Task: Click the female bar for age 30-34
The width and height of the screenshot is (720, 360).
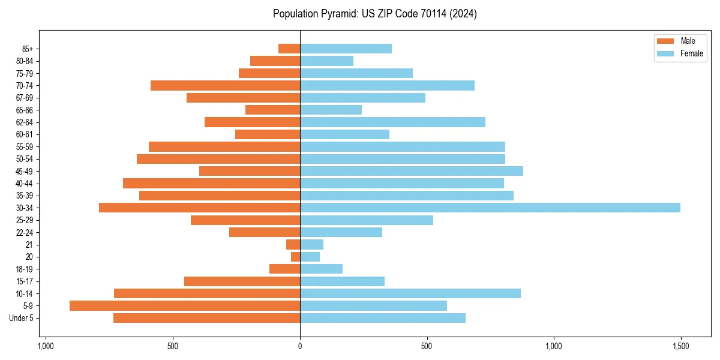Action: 490,208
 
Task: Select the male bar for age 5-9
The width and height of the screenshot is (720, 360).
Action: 185,305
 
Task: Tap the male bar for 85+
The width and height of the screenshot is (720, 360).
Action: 289,49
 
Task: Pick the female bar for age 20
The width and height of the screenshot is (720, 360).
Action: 310,257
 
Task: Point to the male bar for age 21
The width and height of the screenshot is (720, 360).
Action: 293,245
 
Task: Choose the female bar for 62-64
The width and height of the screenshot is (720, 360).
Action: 392,122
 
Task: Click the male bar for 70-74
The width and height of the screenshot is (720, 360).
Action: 225,85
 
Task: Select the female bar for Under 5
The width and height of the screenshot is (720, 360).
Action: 383,318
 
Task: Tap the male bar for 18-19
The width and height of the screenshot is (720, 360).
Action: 285,269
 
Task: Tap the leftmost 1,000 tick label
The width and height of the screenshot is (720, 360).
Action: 45,346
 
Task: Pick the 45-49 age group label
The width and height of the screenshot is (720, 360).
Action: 25,171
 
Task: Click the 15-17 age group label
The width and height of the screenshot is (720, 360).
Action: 25,281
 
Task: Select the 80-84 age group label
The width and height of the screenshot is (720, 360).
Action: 25,61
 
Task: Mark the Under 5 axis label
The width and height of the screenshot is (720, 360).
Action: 22,318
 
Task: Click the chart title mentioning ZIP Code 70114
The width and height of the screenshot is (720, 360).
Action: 374,14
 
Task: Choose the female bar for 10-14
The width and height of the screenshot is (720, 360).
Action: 410,293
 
